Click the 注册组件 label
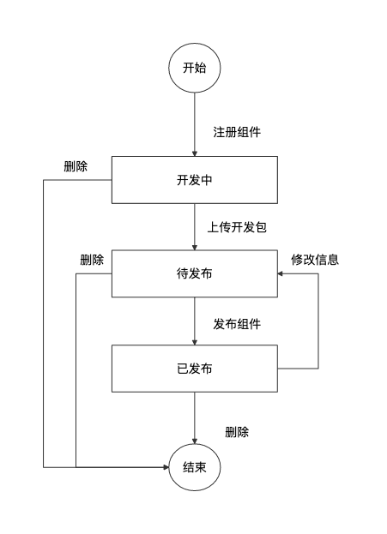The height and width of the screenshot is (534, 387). [x=237, y=132]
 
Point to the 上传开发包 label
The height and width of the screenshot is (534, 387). [x=237, y=227]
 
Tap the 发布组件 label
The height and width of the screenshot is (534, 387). [x=237, y=324]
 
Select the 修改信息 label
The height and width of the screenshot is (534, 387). [x=315, y=260]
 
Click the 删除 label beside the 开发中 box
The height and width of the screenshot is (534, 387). [x=76, y=166]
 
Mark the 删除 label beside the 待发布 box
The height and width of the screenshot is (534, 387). [x=92, y=260]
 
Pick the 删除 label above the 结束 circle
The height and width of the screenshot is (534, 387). [x=237, y=432]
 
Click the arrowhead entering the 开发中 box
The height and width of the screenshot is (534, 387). [x=195, y=153]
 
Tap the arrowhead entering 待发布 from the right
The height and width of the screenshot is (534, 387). [x=281, y=273]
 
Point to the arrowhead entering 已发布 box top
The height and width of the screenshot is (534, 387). [x=195, y=342]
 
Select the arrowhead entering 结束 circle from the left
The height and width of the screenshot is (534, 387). [x=166, y=467]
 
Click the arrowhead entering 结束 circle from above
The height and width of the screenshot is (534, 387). [x=195, y=441]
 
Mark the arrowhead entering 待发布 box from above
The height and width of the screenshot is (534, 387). [x=195, y=247]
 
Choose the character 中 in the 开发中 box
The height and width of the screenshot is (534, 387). [x=206, y=180]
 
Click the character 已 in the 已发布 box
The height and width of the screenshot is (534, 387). [x=183, y=369]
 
